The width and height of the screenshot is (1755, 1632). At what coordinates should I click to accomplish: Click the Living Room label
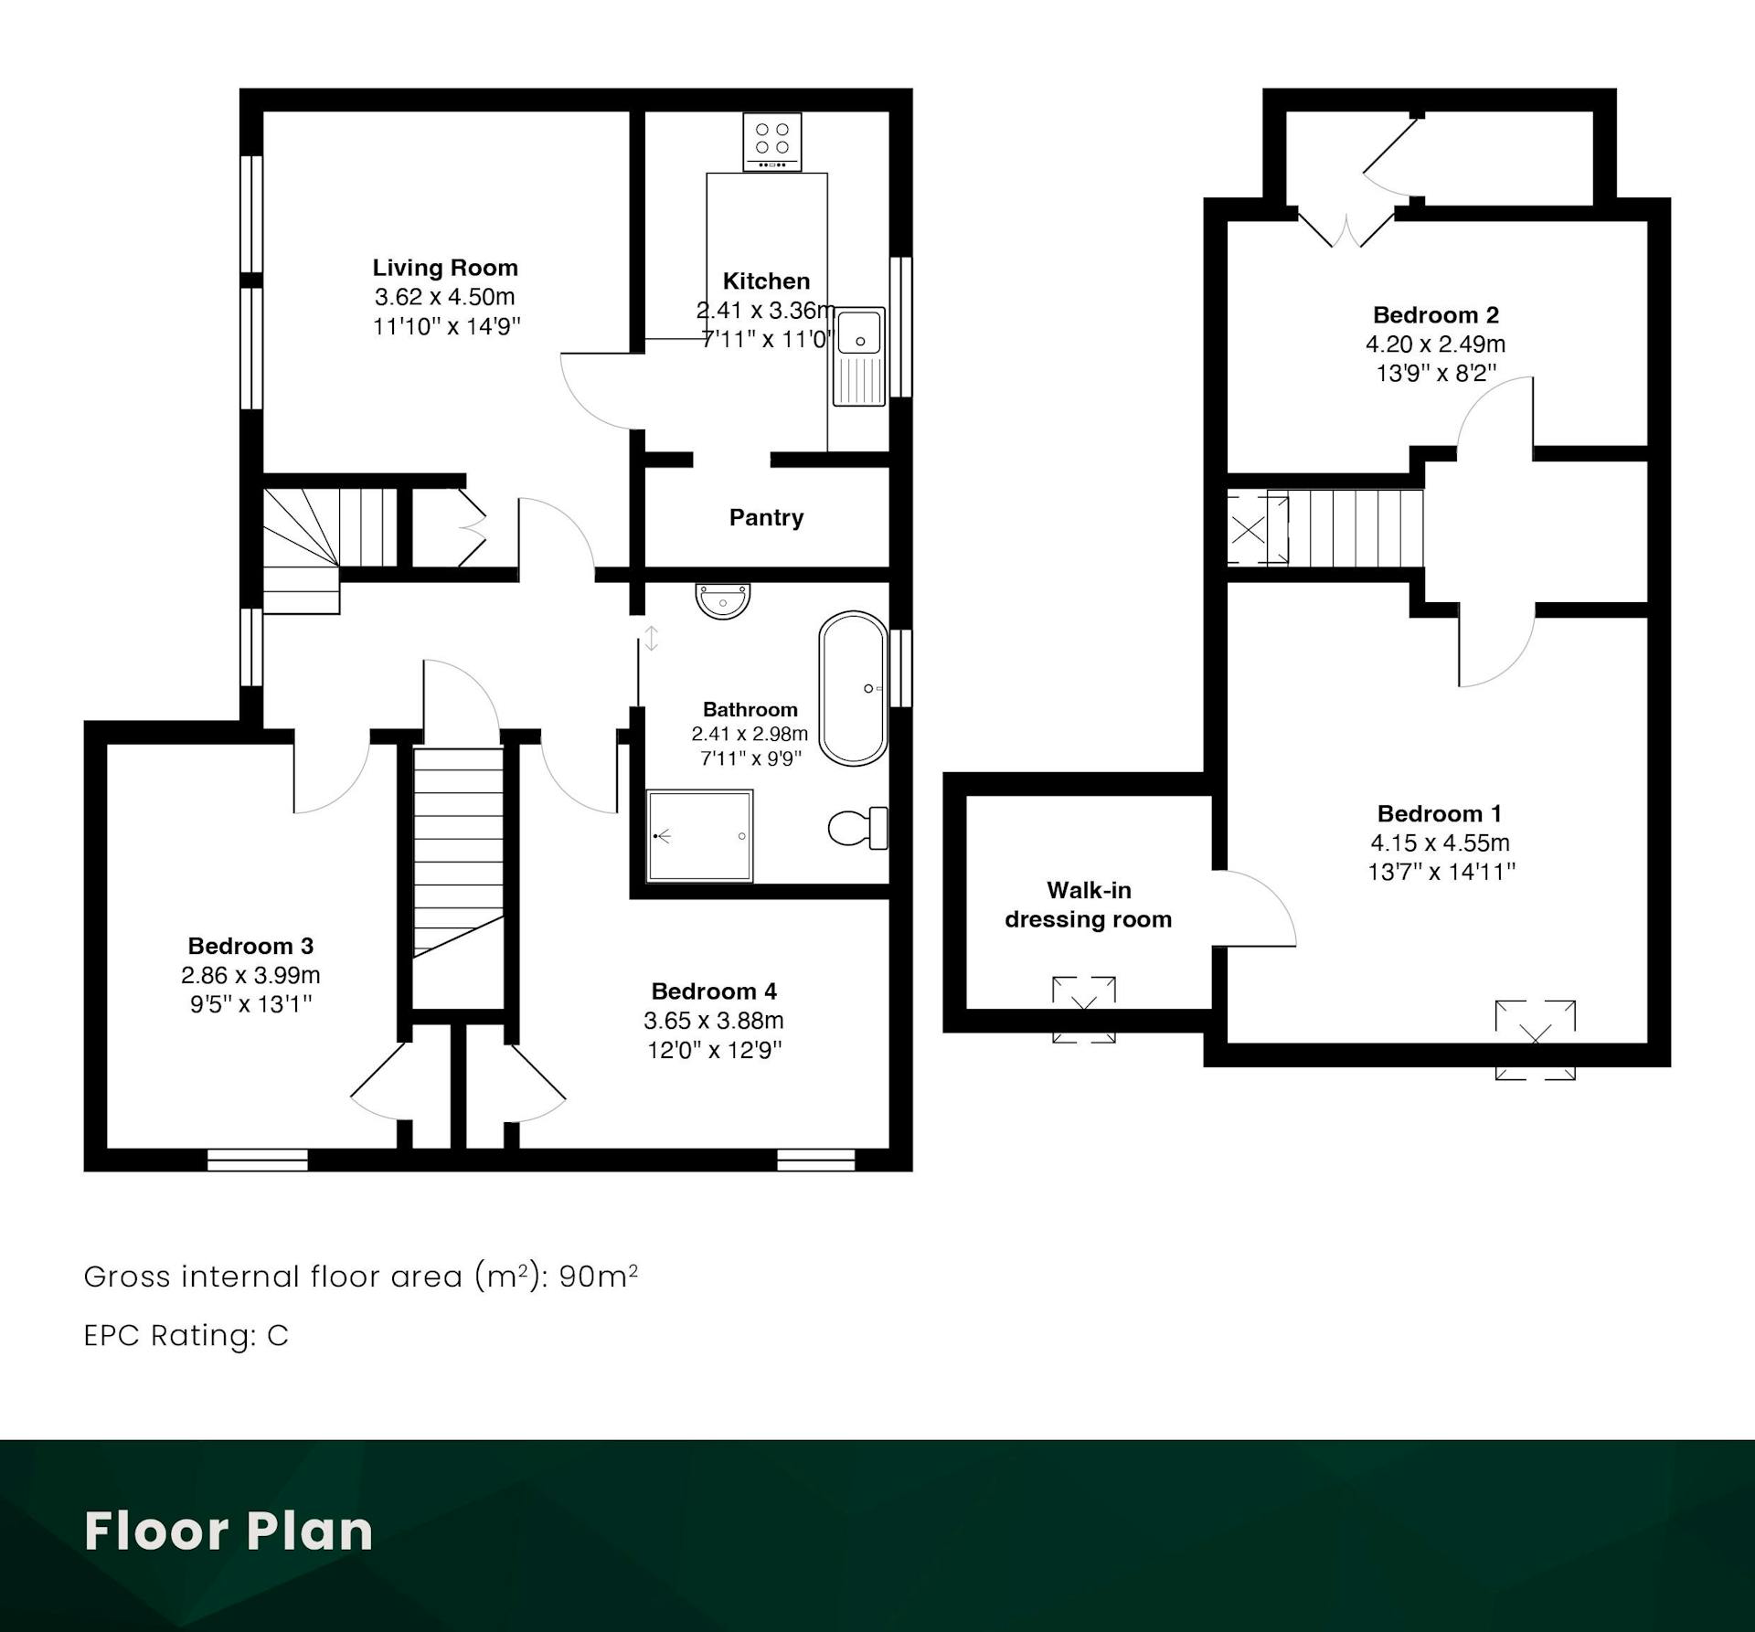click(x=445, y=268)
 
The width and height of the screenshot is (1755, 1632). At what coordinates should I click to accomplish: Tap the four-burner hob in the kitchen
click(x=772, y=142)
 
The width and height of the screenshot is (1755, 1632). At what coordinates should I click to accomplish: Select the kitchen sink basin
click(x=859, y=332)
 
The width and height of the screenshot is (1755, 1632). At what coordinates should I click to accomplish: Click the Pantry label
click(x=766, y=518)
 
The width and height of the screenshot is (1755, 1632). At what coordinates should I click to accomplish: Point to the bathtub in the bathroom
click(x=853, y=688)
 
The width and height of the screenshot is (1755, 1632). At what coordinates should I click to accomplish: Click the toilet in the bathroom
click(x=858, y=828)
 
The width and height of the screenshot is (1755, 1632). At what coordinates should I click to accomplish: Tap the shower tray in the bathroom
click(x=700, y=836)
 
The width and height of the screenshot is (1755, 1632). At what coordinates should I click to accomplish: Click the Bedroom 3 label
click(x=250, y=946)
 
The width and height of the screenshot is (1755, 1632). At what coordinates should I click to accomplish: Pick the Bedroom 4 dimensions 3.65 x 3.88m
click(x=714, y=1021)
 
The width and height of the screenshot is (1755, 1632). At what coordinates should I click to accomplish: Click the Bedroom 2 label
click(x=1436, y=315)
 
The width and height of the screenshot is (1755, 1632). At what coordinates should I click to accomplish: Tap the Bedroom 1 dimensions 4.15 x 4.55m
click(x=1440, y=843)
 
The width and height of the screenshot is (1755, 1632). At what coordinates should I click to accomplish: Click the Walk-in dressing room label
click(x=1089, y=905)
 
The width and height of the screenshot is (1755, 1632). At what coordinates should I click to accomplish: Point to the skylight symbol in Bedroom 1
click(x=1536, y=1040)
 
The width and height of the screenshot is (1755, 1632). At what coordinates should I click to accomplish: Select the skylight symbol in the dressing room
click(x=1084, y=1010)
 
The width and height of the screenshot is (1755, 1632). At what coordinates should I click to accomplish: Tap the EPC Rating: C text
click(x=186, y=1335)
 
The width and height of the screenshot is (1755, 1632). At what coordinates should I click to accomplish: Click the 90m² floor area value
click(x=599, y=1276)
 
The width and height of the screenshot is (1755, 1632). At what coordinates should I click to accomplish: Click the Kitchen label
click(x=766, y=281)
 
